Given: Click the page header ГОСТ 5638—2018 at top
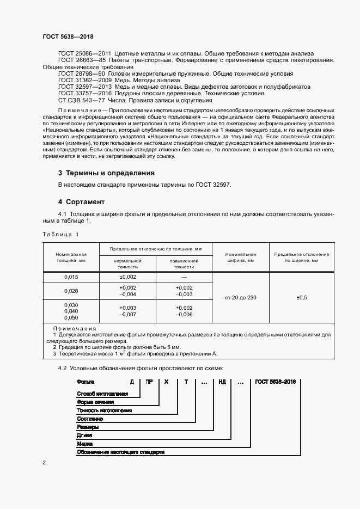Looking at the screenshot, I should (x=68, y=36).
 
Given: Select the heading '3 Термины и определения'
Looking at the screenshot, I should (x=106, y=173).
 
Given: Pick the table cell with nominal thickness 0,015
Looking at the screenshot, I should (x=71, y=277).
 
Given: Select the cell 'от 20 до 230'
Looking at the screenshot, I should (x=240, y=298).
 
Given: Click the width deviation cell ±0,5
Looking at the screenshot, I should (x=301, y=298).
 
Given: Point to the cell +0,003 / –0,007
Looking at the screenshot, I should (x=127, y=311).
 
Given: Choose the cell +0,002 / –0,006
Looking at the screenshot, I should (x=184, y=311).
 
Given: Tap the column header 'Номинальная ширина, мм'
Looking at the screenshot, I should (x=240, y=257).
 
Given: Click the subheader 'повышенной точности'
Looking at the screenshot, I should (x=184, y=264).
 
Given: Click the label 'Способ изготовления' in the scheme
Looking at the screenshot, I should (x=102, y=394).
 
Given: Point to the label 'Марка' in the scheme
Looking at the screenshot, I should (x=85, y=444).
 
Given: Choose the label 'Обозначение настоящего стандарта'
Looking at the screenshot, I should (x=120, y=452).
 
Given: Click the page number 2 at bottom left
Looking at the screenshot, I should (x=44, y=463).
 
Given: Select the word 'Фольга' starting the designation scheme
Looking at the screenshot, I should (x=86, y=382).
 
